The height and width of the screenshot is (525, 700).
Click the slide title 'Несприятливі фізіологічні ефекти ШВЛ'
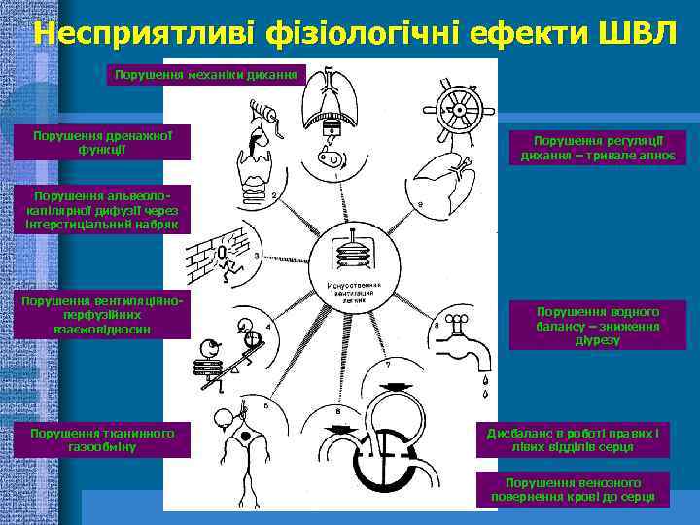pyautogui.click(x=350, y=31)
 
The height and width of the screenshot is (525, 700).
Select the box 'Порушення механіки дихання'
pyautogui.click(x=208, y=73)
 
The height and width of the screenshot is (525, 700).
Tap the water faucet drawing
pyautogui.click(x=464, y=335)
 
